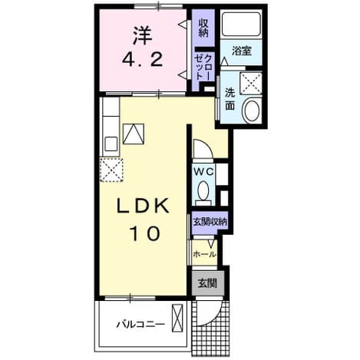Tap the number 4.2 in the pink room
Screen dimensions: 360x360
point(142,61)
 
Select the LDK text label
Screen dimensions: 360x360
point(143,206)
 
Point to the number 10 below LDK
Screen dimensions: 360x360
point(145,233)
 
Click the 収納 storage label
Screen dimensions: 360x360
point(203,28)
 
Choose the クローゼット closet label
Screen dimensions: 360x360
point(203,68)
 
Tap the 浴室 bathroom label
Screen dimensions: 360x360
point(242,51)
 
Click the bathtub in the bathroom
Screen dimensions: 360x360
point(242,24)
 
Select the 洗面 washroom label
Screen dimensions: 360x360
point(230,99)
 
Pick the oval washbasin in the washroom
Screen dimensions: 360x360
point(253,111)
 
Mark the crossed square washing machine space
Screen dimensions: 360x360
point(251,83)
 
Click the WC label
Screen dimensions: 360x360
point(203,172)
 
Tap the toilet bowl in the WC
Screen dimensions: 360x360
point(203,190)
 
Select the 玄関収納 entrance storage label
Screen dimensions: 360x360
point(210,222)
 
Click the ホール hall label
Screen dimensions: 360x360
point(205,254)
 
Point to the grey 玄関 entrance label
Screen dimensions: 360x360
point(207,283)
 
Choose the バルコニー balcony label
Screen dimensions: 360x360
point(140,325)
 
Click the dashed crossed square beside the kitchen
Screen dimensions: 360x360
point(111,170)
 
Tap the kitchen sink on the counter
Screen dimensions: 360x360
point(111,144)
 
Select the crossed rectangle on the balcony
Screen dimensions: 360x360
point(177,318)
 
